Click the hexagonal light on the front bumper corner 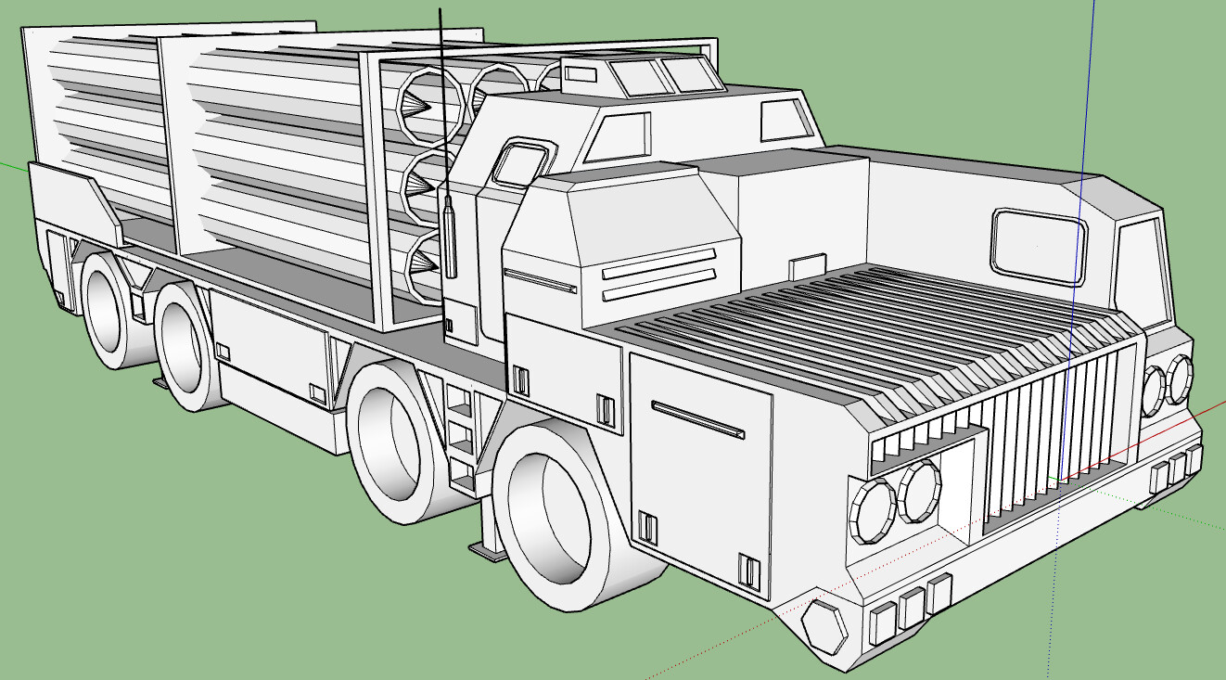coord(824,626)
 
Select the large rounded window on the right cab coord(1039,243)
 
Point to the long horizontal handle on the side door coord(697,419)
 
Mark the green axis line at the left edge coord(11,168)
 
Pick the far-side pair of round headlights coord(1168,384)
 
